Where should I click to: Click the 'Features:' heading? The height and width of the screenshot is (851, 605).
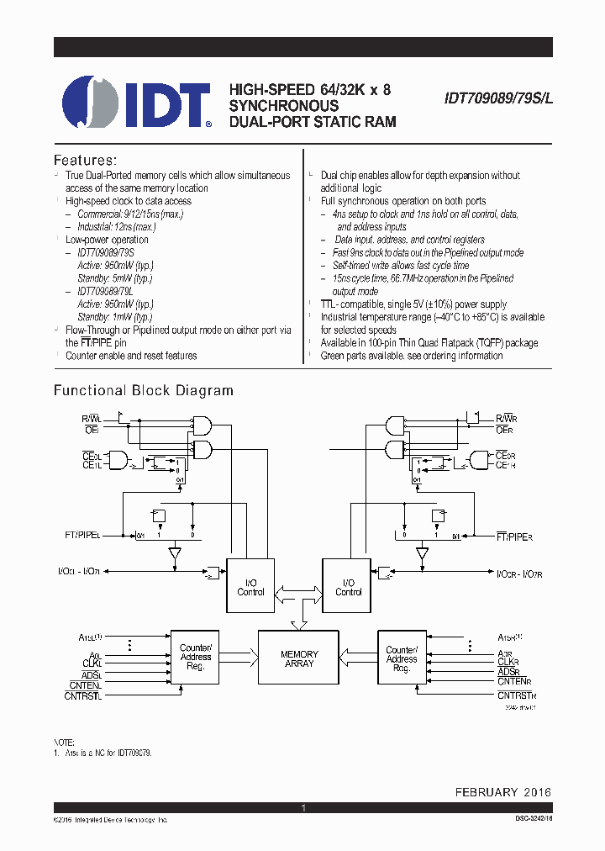(85, 160)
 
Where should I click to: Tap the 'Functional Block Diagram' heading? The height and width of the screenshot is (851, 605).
(143, 390)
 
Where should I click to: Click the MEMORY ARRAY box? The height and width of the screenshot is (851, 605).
(299, 658)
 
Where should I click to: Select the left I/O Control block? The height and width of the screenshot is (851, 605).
(250, 587)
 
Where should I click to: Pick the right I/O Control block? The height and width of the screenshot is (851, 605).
(348, 587)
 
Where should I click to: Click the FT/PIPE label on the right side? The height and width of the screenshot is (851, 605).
(515, 535)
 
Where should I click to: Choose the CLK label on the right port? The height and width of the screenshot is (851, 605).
(508, 662)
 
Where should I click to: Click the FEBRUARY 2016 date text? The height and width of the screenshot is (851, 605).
(503, 792)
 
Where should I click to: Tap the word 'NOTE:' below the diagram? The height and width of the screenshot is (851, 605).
(64, 743)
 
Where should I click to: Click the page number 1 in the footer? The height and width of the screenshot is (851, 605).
(302, 808)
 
